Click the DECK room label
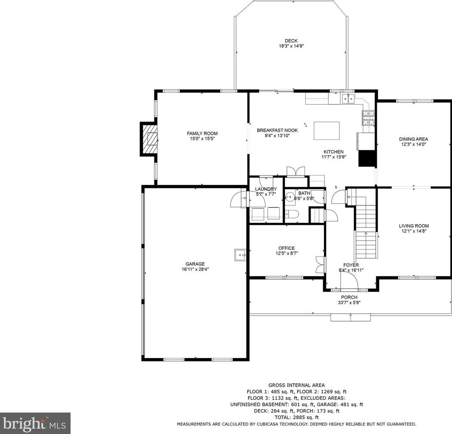pos(291,41)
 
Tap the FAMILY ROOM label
pos(202,133)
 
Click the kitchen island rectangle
pos(326,131)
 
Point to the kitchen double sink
pos(348,98)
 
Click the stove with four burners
pos(368,118)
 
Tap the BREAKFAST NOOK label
pos(277,130)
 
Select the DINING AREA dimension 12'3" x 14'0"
pos(413,144)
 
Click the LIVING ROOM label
pos(413,226)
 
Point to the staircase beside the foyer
pos(366,232)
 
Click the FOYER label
pos(351,265)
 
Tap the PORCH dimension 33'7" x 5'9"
pos(349,302)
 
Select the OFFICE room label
pos(286,248)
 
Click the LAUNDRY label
pos(265,189)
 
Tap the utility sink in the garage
pos(240,254)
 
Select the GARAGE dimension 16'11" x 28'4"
pos(195,269)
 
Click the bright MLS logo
pos(35,423)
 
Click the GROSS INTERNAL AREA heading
pos(296,385)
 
